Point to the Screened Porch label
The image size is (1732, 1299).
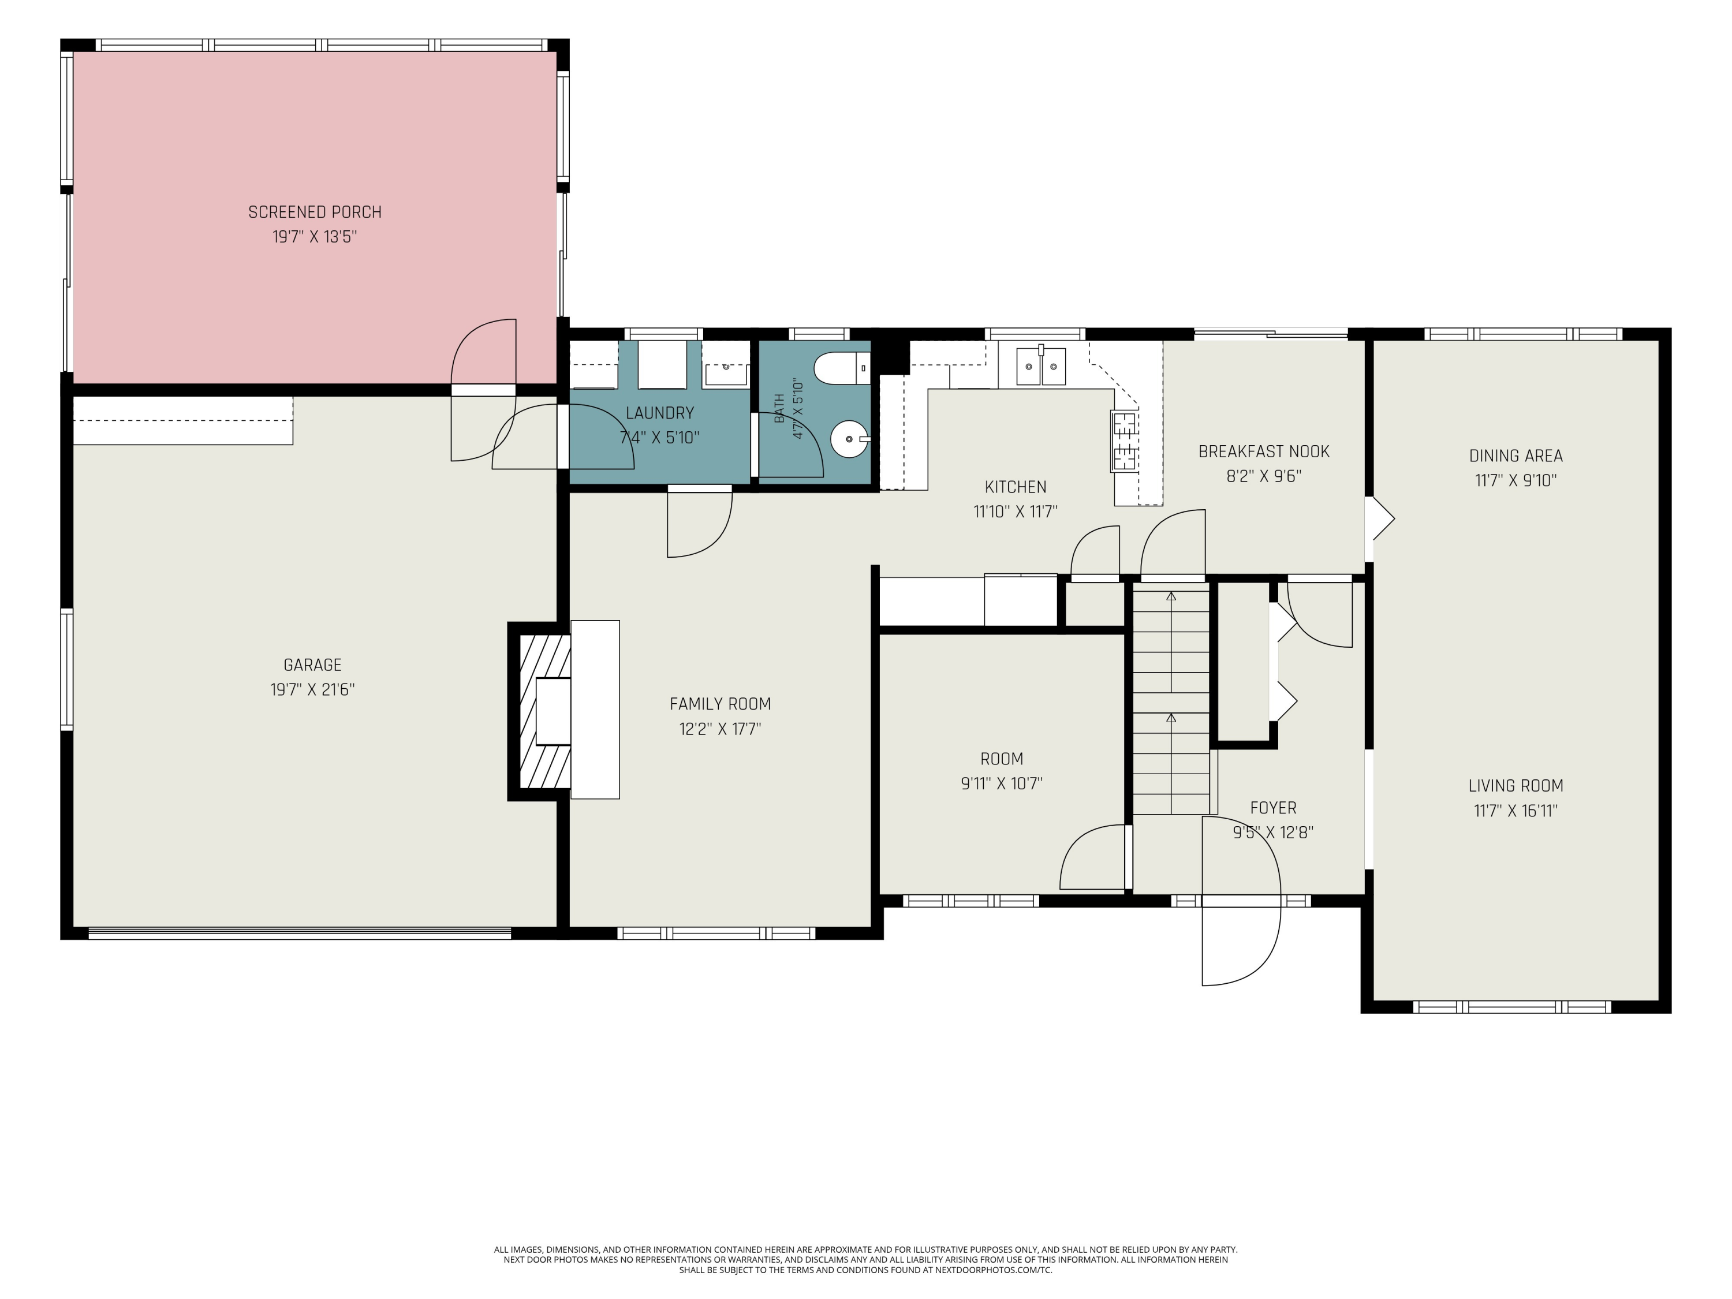[x=315, y=212]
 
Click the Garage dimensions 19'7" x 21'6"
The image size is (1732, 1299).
[x=312, y=690]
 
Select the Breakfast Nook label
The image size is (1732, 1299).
[x=1264, y=452]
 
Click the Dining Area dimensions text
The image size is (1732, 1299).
[x=1516, y=481]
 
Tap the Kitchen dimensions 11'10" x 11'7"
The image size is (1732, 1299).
[x=1016, y=512]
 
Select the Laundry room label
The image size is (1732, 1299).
[x=660, y=413]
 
